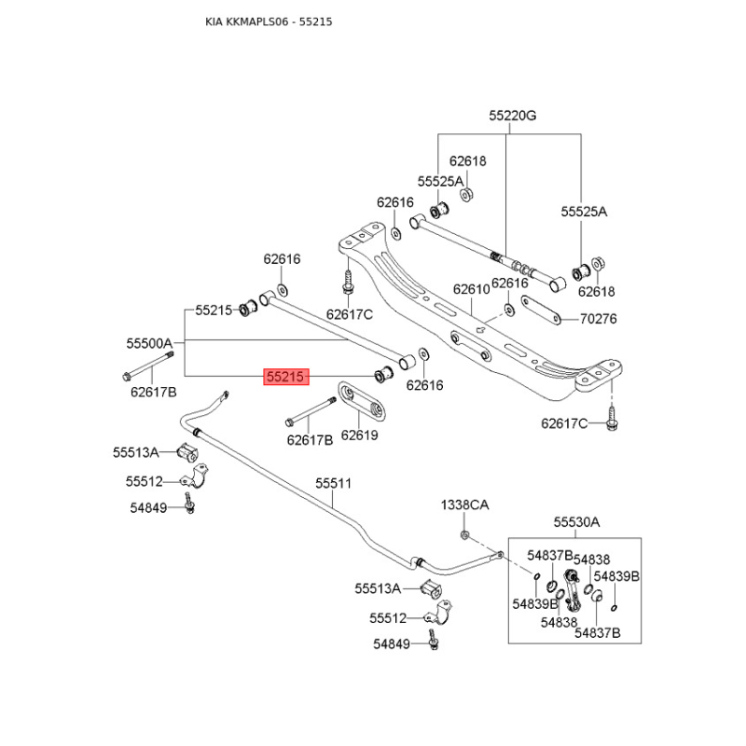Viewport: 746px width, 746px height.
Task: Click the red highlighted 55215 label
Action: [285, 378]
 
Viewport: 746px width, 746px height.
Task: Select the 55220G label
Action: [513, 117]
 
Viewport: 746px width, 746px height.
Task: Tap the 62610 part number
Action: [471, 289]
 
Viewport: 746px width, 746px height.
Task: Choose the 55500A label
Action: [150, 343]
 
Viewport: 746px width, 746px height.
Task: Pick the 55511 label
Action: [333, 483]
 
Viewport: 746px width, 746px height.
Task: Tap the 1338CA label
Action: [464, 504]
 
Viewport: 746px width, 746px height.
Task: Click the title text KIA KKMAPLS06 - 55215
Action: [269, 21]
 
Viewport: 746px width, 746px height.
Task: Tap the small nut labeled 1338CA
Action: [464, 534]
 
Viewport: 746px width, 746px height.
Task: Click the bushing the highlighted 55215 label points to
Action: [380, 376]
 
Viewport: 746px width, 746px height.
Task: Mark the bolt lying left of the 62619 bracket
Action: [311, 411]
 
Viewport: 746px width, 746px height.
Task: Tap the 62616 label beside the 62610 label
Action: [510, 283]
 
